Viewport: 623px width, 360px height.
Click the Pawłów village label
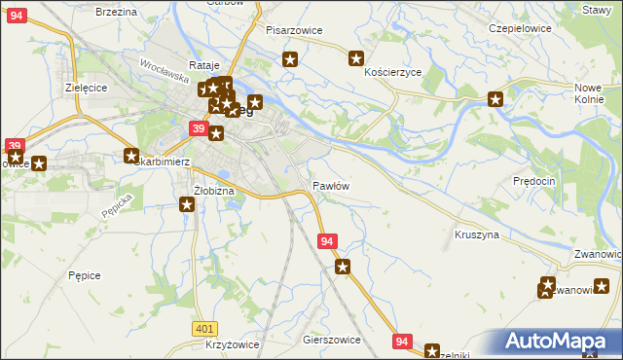pyautogui.click(x=330, y=185)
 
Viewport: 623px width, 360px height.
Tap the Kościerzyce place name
pyautogui.click(x=392, y=73)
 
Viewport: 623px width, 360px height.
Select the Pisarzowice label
pyautogui.click(x=294, y=30)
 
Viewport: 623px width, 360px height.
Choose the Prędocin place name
pyautogui.click(x=533, y=181)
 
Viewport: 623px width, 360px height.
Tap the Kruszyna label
pyautogui.click(x=476, y=235)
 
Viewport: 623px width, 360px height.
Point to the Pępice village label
pyautogui.click(x=85, y=275)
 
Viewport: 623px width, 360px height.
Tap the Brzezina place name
pyautogui.click(x=116, y=12)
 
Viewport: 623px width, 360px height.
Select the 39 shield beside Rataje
pyautogui.click(x=198, y=128)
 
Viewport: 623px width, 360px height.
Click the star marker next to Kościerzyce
pyautogui.click(x=355, y=58)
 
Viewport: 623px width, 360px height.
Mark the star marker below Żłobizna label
pyautogui.click(x=187, y=204)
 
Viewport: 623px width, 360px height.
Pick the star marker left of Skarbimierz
pyautogui.click(x=132, y=155)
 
